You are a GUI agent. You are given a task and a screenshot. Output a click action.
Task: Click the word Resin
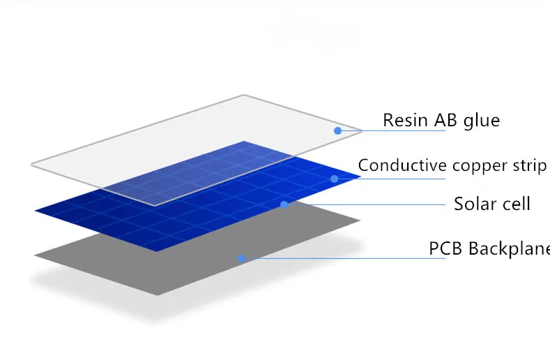[x=406, y=120]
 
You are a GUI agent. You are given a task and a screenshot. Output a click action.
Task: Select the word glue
[x=482, y=121]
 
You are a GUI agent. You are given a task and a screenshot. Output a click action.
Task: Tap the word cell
[x=517, y=204]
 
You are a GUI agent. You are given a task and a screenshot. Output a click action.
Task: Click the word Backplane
[x=509, y=248]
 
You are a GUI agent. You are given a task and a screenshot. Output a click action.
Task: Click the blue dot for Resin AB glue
[x=338, y=130]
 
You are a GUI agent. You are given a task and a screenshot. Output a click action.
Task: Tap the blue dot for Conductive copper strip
[x=335, y=179]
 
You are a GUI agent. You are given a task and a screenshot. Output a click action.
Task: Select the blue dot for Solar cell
[x=284, y=204]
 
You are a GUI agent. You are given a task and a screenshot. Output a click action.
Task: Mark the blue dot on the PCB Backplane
[x=241, y=259]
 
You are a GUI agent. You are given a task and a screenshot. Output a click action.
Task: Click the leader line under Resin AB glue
[x=392, y=130]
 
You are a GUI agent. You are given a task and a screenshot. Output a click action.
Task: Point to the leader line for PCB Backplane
[x=344, y=259]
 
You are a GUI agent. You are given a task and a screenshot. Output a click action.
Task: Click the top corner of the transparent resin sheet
[x=244, y=95]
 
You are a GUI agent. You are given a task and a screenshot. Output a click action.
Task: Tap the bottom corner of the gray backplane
[x=157, y=295]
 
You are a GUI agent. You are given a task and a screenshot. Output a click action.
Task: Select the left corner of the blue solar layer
[x=36, y=211]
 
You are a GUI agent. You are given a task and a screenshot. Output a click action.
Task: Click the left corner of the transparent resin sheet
[x=31, y=165]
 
